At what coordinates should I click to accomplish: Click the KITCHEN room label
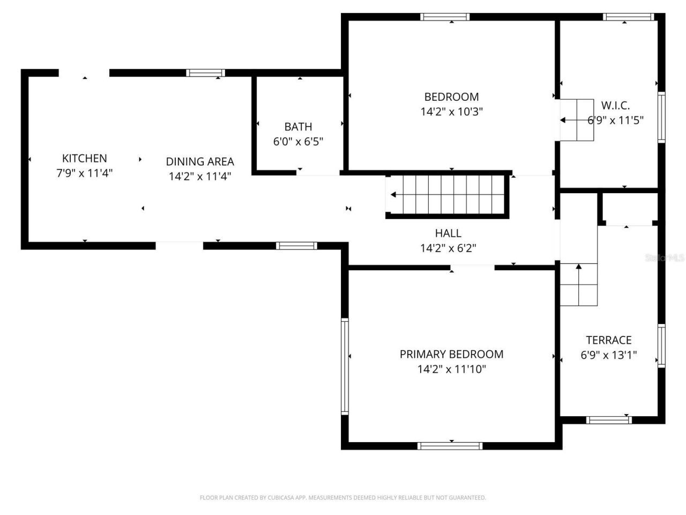pos(85,158)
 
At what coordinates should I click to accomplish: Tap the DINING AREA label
pos(199,161)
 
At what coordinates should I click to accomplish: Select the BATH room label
pos(298,127)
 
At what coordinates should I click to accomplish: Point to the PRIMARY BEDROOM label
pos(451,354)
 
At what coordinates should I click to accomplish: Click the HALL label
pos(448,233)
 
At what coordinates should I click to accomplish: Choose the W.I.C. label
pos(615,106)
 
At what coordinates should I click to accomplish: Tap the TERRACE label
pos(608,340)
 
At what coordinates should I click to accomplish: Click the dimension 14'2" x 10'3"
pos(451,112)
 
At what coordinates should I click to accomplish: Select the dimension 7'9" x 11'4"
pos(85,173)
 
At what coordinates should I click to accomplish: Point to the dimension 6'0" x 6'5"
pos(298,142)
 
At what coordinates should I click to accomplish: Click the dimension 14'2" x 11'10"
pos(451,369)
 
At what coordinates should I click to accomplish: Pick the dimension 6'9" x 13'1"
pos(608,355)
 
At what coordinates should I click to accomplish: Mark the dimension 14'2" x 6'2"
pos(448,248)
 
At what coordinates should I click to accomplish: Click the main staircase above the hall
pos(447,195)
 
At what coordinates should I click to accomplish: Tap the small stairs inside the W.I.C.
pos(577,120)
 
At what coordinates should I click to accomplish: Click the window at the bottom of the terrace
pos(608,420)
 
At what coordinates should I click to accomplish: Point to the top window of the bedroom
pos(445,17)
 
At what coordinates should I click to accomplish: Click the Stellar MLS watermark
pos(665,258)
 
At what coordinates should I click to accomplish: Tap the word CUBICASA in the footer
pos(279,498)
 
